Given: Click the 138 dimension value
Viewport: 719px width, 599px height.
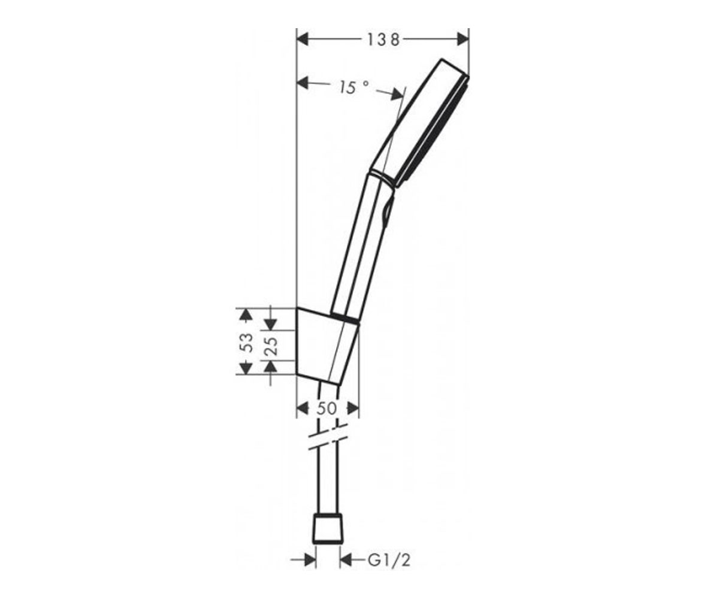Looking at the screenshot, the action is tap(383, 40).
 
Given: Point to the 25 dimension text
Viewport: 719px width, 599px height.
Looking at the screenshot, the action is tap(271, 346).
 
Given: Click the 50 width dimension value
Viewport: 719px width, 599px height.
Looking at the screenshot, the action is tap(327, 409).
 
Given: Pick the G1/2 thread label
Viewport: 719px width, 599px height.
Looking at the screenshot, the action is tap(389, 561).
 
